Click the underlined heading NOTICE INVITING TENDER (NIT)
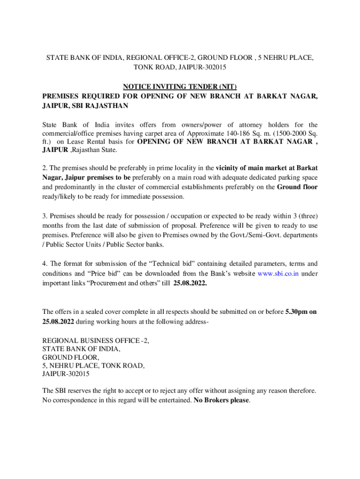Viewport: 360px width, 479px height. [180, 87]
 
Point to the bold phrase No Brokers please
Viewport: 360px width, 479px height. [222, 400]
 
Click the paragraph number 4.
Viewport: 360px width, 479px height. [44, 264]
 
